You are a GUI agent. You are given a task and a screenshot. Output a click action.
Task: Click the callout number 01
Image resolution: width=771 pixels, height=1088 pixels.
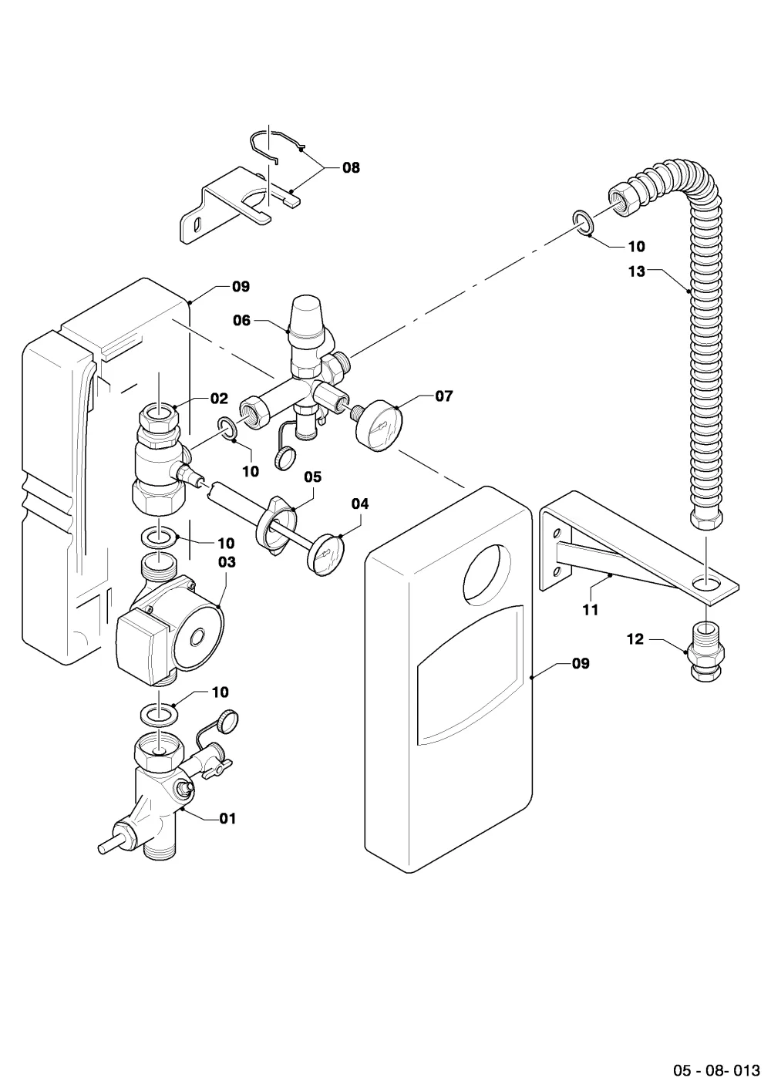227,819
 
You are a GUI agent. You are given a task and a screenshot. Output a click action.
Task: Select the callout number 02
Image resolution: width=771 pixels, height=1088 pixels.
219,399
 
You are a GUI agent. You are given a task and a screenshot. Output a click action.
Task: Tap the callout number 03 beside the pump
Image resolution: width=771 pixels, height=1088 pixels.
227,562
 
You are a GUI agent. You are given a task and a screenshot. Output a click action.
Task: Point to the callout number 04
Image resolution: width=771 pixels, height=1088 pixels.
360,504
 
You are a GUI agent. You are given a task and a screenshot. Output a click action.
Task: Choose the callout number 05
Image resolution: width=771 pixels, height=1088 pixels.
313,477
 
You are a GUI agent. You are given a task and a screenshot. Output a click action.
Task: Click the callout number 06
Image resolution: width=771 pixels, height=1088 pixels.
242,321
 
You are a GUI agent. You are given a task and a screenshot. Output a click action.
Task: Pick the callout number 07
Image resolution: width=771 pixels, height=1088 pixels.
444,396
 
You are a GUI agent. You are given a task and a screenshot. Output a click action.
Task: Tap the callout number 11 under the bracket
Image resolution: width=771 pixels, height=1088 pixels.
590,610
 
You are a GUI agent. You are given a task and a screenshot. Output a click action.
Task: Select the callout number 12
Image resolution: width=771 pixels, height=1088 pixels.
635,639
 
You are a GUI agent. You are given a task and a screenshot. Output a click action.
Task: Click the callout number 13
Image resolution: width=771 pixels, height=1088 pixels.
637,271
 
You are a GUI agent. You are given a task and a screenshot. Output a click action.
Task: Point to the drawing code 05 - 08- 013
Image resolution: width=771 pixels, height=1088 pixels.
716,1069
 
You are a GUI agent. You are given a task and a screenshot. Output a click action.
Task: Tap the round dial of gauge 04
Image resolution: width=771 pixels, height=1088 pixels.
325,554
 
